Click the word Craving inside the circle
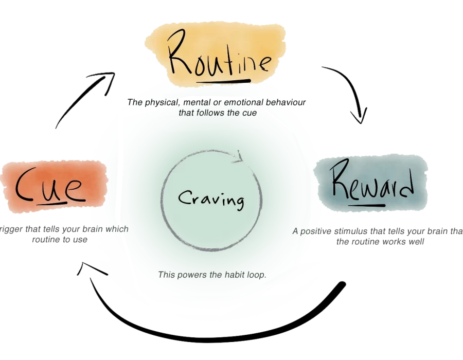[211, 198]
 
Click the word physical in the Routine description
[161, 102]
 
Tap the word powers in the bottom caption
[189, 275]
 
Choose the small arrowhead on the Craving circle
[238, 156]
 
